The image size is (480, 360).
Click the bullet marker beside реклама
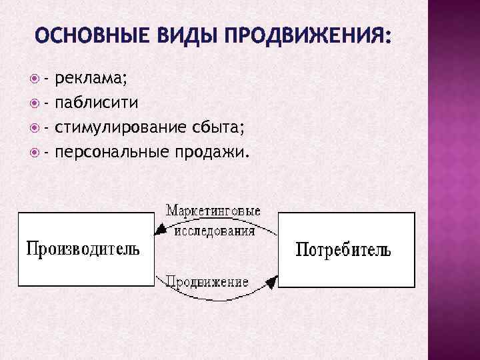pyautogui.click(x=35, y=81)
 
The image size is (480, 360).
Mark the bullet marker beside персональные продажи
pyautogui.click(x=35, y=153)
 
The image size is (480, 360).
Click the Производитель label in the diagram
pyautogui.click(x=83, y=249)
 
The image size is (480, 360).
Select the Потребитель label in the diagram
pyautogui.click(x=343, y=251)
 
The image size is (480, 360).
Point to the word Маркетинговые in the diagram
pyautogui.click(x=213, y=211)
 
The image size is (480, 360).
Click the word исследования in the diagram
pyautogui.click(x=214, y=231)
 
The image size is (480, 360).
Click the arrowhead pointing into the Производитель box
pyautogui.click(x=159, y=231)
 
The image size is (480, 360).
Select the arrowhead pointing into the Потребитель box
pyautogui.click(x=271, y=283)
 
